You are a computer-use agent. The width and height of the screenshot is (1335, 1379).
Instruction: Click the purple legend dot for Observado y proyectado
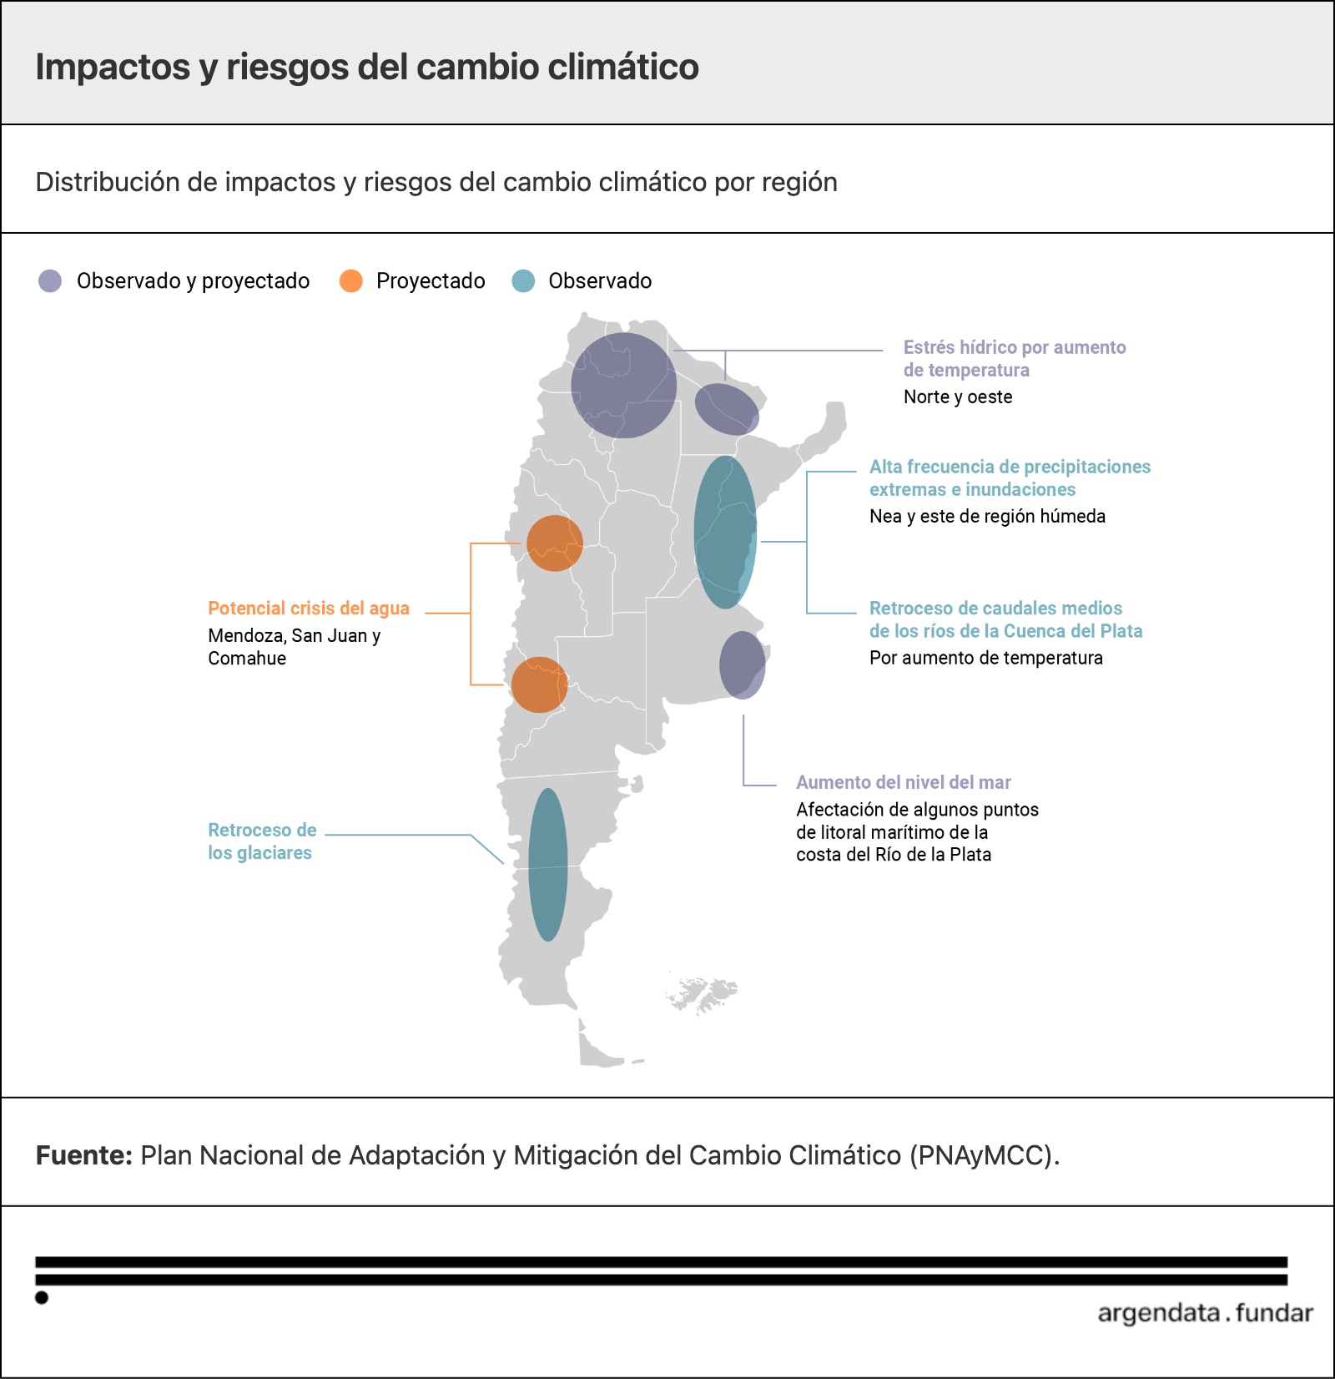point(50,280)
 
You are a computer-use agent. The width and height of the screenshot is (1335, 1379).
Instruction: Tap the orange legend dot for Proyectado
point(351,280)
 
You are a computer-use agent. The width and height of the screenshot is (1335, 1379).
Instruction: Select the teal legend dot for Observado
point(523,280)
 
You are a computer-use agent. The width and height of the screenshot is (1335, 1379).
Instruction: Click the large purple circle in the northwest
point(624,386)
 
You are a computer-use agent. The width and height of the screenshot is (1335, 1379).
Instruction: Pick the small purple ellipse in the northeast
point(728,409)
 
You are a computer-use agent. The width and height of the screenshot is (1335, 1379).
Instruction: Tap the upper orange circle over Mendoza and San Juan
point(555,543)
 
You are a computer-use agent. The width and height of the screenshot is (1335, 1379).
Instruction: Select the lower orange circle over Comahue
point(540,684)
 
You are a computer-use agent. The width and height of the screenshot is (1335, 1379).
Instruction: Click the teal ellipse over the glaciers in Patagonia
point(548,865)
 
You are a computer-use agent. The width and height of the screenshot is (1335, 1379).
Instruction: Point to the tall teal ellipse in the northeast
point(725,532)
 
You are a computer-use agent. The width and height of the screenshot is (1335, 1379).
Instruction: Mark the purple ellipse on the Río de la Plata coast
point(743,665)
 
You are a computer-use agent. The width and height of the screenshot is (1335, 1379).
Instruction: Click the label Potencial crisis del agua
point(309,609)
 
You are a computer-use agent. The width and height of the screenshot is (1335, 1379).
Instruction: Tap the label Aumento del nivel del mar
point(904,782)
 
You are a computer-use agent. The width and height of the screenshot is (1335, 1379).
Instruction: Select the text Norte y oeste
point(958,397)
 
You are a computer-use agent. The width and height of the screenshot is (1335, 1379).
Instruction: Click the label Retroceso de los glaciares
point(262,841)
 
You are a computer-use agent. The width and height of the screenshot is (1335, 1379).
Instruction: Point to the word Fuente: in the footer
point(84,1155)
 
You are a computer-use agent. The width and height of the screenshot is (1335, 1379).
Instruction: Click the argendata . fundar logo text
point(1206,1313)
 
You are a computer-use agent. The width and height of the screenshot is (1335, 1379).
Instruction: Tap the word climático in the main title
point(623,68)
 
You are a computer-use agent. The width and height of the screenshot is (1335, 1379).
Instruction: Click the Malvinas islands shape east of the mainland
point(703,994)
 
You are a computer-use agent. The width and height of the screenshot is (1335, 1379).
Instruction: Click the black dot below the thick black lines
point(42,1297)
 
